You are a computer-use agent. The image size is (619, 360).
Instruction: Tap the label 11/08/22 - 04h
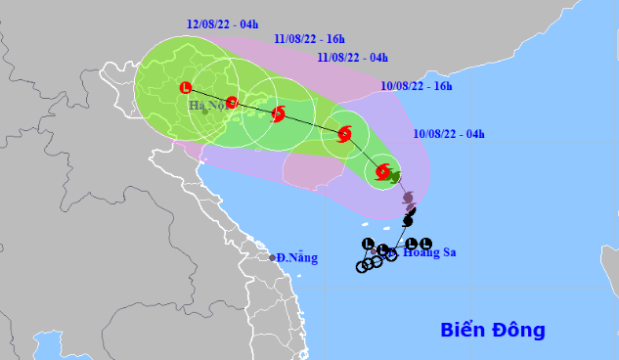(x=353, y=58)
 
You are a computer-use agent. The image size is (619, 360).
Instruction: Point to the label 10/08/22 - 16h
(x=419, y=86)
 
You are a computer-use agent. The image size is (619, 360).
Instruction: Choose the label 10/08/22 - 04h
(x=450, y=133)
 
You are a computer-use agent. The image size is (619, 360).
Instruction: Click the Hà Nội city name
(x=207, y=104)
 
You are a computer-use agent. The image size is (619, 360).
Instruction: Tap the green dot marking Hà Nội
(x=205, y=112)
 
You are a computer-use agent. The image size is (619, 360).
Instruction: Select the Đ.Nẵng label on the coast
(x=297, y=257)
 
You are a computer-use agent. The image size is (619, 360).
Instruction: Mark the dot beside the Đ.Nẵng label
(x=273, y=257)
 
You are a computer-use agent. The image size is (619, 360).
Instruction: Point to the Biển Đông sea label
(x=492, y=329)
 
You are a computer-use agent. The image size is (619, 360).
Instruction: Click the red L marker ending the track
(x=186, y=88)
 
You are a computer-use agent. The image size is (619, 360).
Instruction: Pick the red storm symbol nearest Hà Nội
(x=232, y=102)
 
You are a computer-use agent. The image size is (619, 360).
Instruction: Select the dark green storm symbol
(x=394, y=177)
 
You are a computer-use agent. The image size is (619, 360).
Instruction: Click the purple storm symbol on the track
(x=408, y=199)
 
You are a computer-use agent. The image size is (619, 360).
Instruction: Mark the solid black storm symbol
(x=408, y=222)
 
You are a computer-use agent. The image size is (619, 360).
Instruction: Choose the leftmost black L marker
(x=368, y=244)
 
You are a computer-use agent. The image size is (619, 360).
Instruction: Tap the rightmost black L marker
(x=426, y=243)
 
